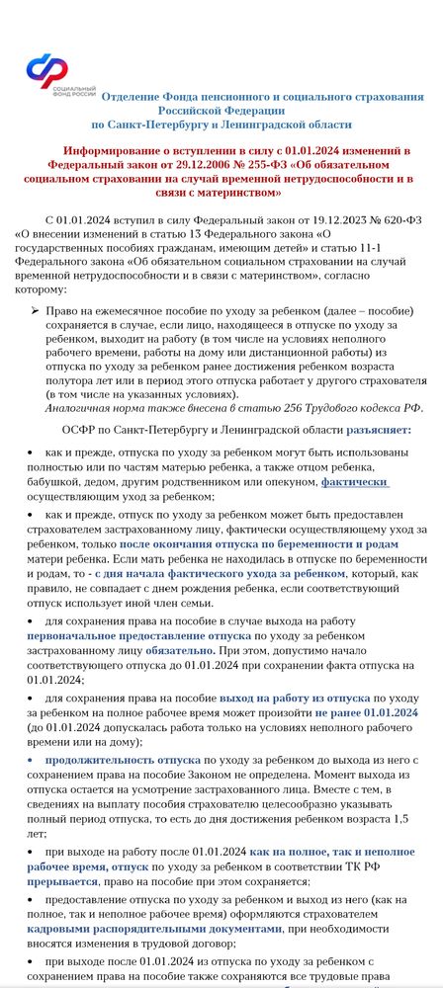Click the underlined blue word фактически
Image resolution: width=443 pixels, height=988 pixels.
[x=355, y=482]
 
